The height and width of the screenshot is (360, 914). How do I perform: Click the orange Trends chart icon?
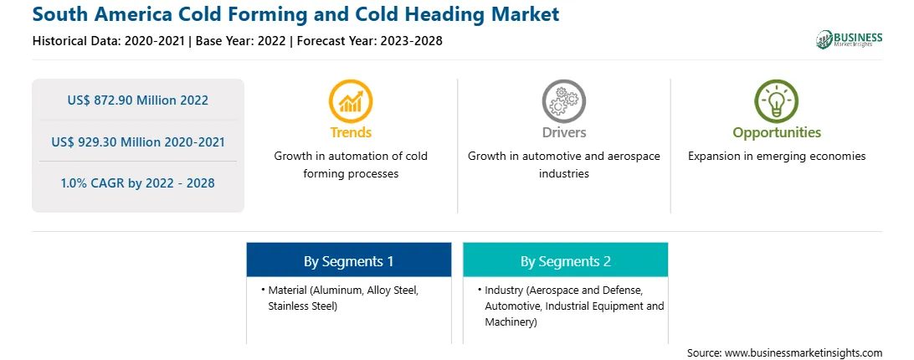coord(351,101)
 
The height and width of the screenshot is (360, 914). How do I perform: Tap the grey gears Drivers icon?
coord(563,101)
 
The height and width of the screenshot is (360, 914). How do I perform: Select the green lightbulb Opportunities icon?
coord(777,101)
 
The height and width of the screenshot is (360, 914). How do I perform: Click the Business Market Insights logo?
coord(849,39)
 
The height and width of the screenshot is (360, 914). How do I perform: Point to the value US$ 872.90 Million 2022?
coord(137,100)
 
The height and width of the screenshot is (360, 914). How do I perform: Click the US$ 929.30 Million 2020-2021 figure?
coord(137,141)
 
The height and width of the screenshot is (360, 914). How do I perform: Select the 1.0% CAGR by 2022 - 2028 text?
coord(137,183)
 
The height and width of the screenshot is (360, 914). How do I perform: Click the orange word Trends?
coord(351,132)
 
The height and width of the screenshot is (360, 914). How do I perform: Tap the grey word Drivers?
coord(563,132)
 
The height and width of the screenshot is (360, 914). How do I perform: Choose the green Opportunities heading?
coord(777,133)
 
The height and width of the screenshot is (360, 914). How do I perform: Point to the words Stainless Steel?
coord(302,306)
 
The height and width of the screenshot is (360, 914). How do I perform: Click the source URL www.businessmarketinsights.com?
coord(804,352)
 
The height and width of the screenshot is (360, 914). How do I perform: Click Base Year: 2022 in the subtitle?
coord(240,41)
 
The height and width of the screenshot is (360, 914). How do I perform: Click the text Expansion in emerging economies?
coord(777,156)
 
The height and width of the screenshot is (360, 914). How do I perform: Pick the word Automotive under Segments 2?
coord(510,306)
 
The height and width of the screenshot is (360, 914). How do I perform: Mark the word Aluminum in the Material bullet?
coord(333,290)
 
